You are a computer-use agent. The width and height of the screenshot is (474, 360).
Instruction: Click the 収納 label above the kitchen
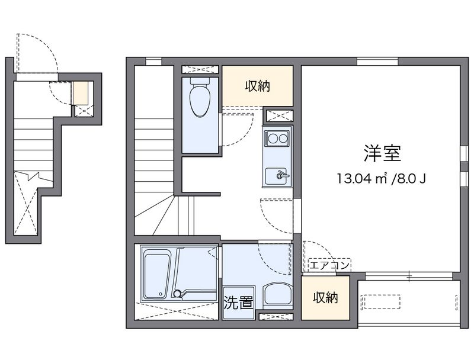click(258, 86)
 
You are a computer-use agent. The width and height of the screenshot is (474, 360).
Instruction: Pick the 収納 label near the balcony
click(325, 297)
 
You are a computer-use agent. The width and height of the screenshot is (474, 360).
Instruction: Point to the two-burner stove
click(277, 139)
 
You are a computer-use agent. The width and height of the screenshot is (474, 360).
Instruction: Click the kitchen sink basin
click(277, 175)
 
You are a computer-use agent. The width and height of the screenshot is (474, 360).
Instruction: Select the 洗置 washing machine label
click(238, 303)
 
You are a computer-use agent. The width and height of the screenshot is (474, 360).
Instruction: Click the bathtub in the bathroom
click(157, 273)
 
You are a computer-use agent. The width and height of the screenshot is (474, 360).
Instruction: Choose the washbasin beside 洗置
click(277, 294)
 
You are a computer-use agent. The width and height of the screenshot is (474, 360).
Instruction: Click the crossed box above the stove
click(278, 115)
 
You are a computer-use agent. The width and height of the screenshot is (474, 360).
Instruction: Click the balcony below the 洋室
click(409, 302)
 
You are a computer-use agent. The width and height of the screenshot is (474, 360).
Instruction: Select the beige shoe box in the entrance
click(79, 94)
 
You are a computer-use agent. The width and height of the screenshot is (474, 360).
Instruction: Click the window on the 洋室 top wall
click(377, 60)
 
